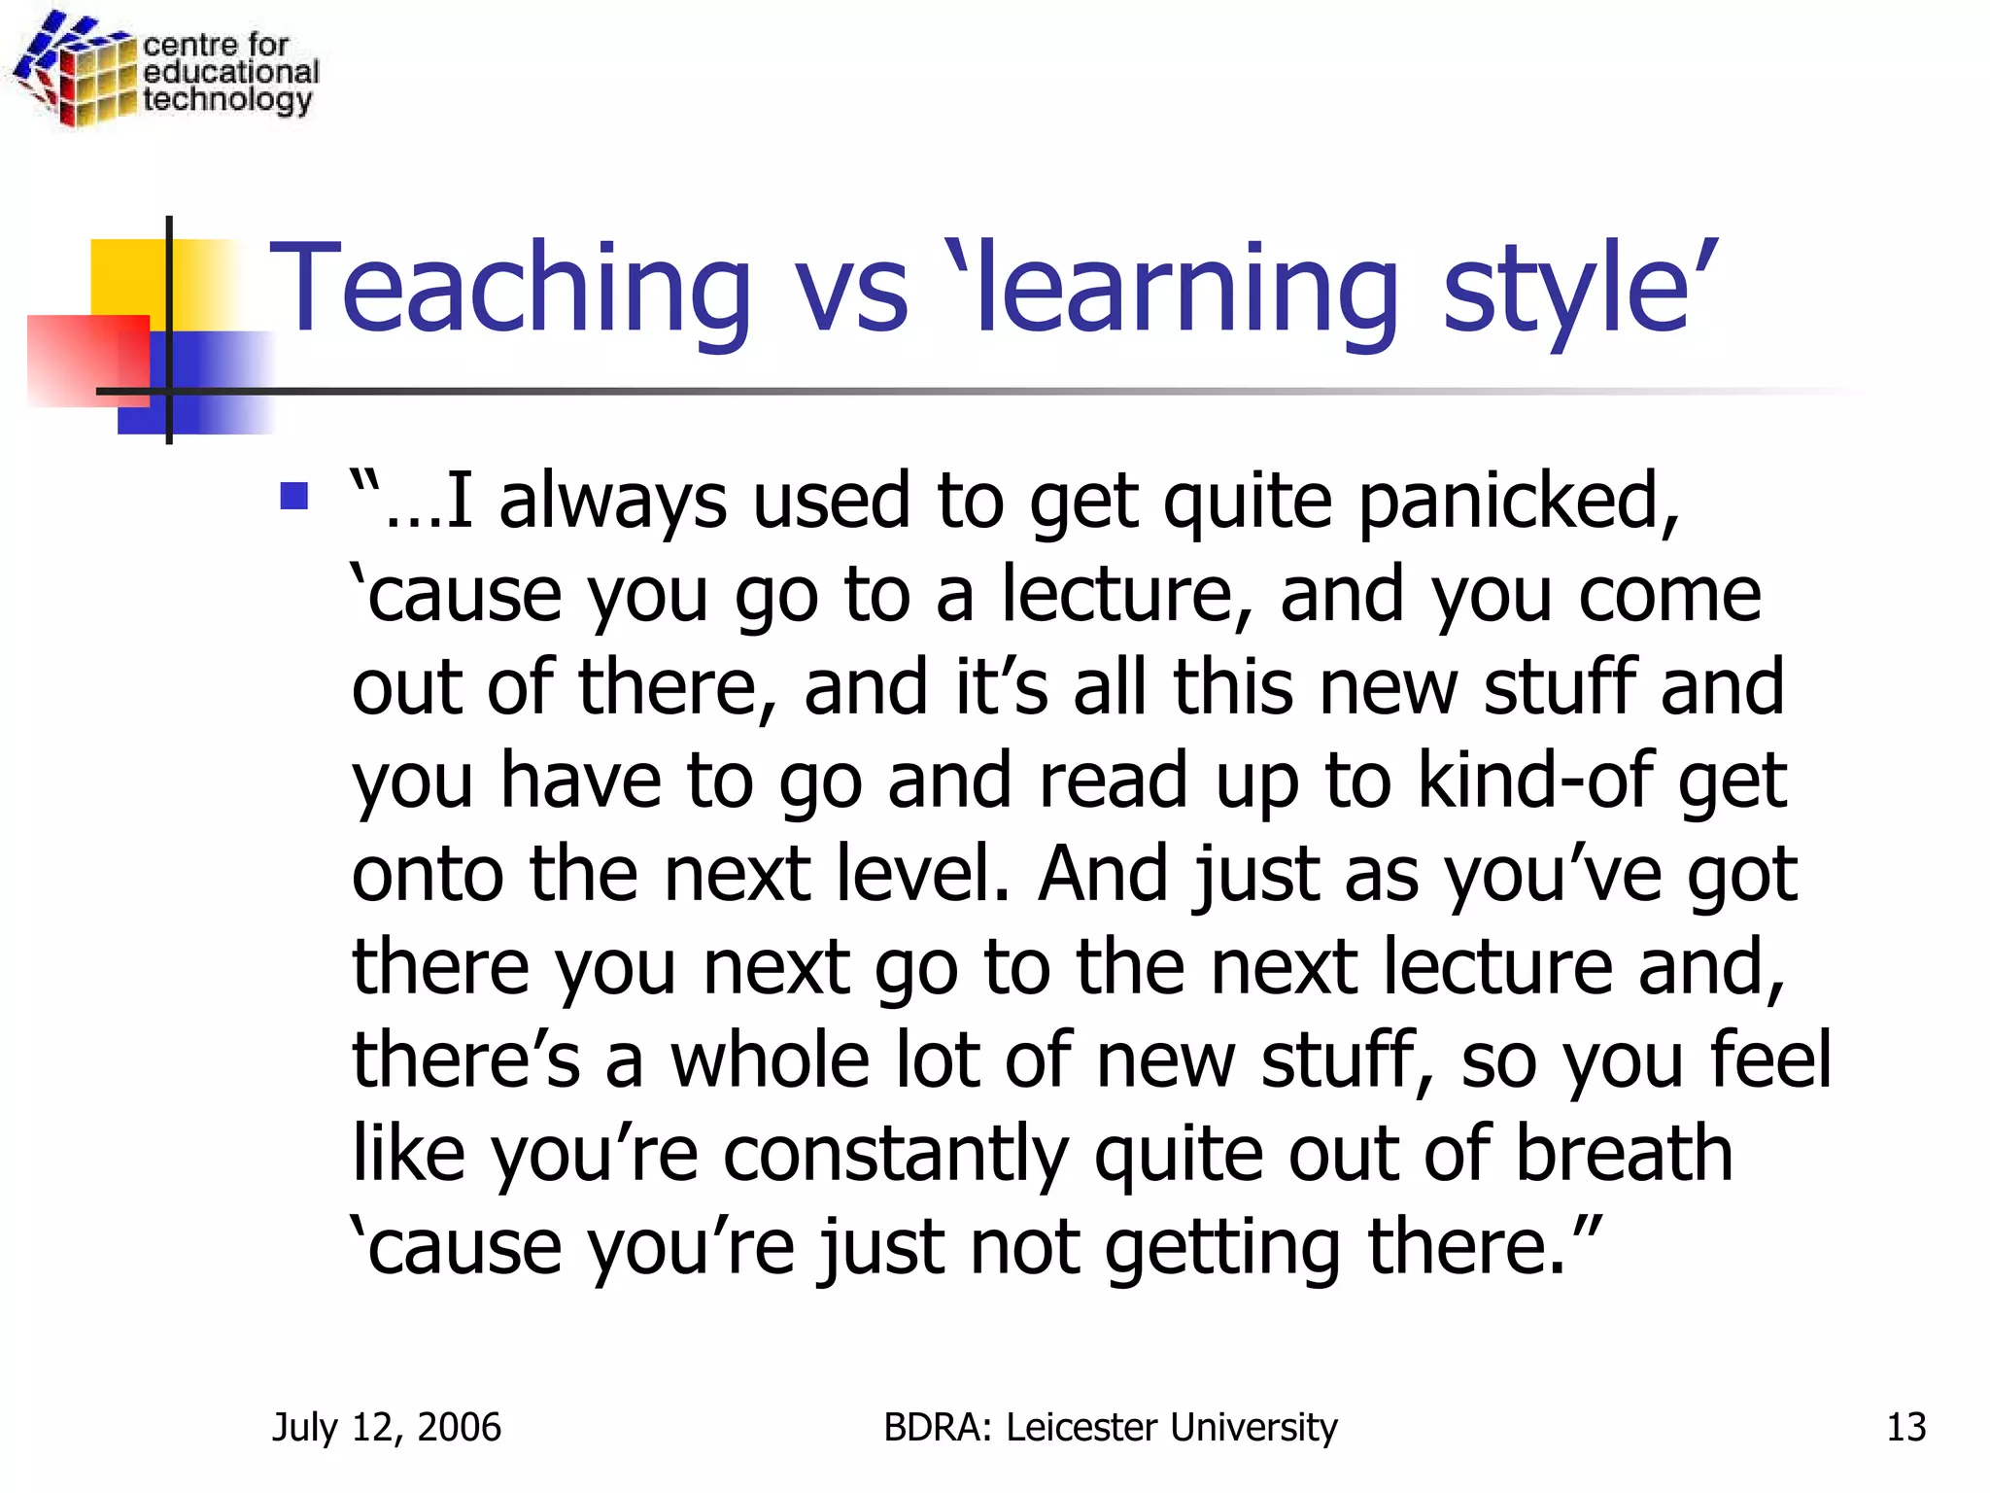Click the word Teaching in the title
click(511, 289)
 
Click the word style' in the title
click(1580, 289)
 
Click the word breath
click(1624, 1154)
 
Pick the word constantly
click(895, 1154)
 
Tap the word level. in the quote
click(924, 874)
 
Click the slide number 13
click(1905, 1427)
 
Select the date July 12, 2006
click(387, 1427)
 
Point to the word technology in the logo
click(227, 100)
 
